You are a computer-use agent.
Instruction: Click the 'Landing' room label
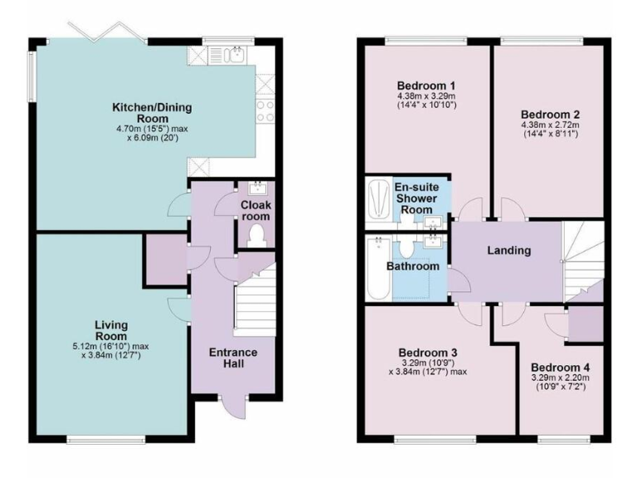click(508, 251)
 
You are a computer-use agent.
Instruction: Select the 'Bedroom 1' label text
click(426, 85)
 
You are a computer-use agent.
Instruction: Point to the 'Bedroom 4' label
click(561, 368)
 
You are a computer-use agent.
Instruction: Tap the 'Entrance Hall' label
click(233, 358)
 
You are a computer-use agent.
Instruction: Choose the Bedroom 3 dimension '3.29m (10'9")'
click(426, 362)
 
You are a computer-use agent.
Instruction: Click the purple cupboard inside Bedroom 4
click(586, 323)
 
